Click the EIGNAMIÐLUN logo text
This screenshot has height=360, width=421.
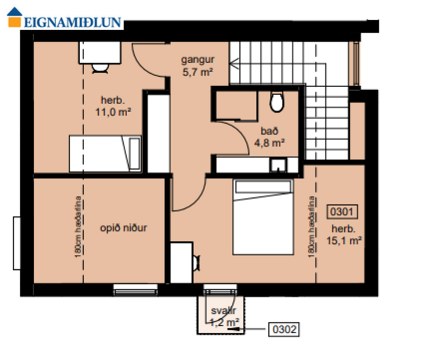[73, 23]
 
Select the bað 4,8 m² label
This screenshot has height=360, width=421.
[269, 135]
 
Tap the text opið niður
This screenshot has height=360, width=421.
[123, 228]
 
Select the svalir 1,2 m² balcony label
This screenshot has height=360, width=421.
[223, 316]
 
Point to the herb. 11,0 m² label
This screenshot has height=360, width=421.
[112, 105]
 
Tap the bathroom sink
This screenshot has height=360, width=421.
[280, 165]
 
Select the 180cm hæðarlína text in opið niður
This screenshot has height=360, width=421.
[77, 227]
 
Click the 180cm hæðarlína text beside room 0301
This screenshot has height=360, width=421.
[312, 227]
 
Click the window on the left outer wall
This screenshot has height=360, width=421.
[17, 243]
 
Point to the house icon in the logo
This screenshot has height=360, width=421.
[14, 19]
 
